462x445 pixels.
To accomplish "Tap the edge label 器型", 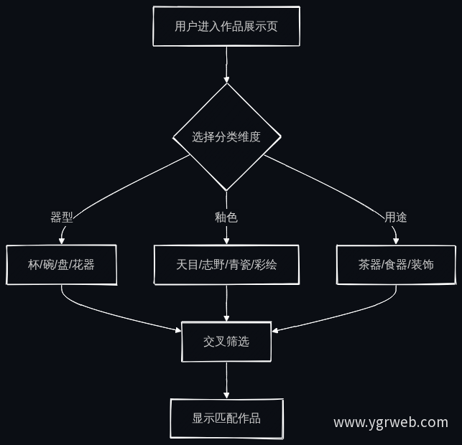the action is point(62,217).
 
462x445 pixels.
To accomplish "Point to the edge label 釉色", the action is point(226,217).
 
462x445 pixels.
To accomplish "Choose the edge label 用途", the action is point(396,217).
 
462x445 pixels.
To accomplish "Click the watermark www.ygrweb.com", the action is point(391,423).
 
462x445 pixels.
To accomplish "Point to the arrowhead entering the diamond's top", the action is point(226,80).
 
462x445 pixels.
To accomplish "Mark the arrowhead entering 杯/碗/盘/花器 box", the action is point(61,241).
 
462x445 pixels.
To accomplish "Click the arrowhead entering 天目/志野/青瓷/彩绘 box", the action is point(226,241).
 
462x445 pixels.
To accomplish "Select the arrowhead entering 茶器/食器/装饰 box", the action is point(396,241).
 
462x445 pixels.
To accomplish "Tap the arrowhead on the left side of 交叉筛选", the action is point(178,330).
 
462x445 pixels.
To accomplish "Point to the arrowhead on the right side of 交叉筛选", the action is point(275,331).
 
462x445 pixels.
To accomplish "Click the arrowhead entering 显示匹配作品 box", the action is point(226,395).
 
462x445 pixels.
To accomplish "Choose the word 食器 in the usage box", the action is point(396,265).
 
